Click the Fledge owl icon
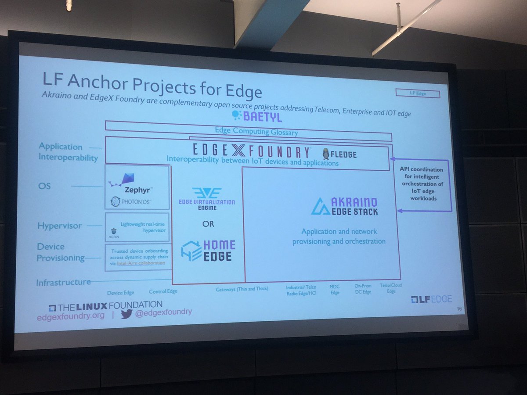[326, 154]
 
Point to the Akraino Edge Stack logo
[344, 207]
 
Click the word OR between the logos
[208, 224]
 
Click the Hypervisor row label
[60, 226]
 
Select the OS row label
[44, 186]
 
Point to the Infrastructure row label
[63, 282]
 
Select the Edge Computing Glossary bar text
[256, 131]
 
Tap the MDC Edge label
[335, 290]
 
